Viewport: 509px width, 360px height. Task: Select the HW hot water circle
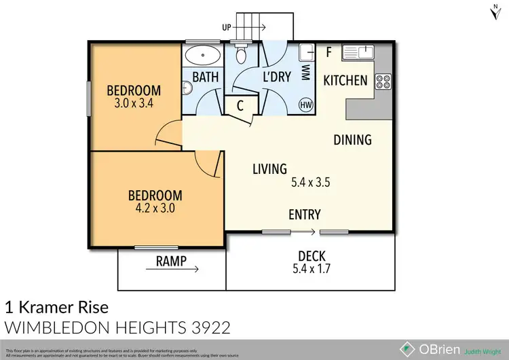(306, 105)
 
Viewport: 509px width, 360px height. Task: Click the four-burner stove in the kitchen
(382, 82)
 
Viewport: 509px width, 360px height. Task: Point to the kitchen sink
(358, 51)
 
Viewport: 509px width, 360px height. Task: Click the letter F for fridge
(328, 51)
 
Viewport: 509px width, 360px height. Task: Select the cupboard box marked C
(240, 105)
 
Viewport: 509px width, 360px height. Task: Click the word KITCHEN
(345, 80)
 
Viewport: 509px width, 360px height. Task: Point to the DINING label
(352, 140)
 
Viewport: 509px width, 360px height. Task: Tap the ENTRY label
(304, 215)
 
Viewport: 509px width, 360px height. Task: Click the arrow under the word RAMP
(172, 270)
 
